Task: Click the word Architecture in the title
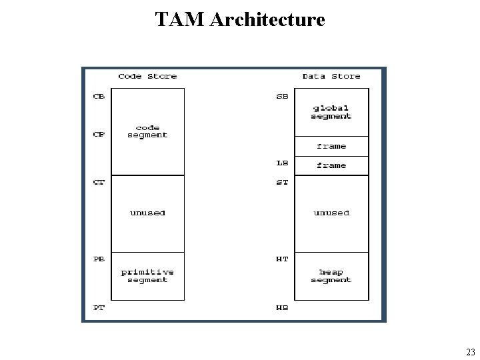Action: (x=267, y=19)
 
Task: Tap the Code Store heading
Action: (x=147, y=76)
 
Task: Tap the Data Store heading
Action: (x=331, y=76)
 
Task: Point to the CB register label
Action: (x=99, y=96)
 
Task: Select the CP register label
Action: (x=99, y=134)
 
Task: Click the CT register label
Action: (x=99, y=182)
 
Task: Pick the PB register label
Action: (x=99, y=259)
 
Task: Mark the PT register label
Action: (x=99, y=307)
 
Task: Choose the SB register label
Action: (x=283, y=96)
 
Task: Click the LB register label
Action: (x=283, y=163)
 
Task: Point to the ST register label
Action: (x=283, y=182)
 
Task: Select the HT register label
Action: (x=283, y=259)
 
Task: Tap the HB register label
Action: (x=283, y=307)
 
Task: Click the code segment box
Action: (x=147, y=131)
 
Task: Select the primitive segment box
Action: (x=147, y=276)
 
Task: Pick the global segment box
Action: (x=331, y=112)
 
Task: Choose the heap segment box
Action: (x=331, y=276)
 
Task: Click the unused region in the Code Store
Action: (x=147, y=213)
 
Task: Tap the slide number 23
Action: (x=470, y=353)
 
